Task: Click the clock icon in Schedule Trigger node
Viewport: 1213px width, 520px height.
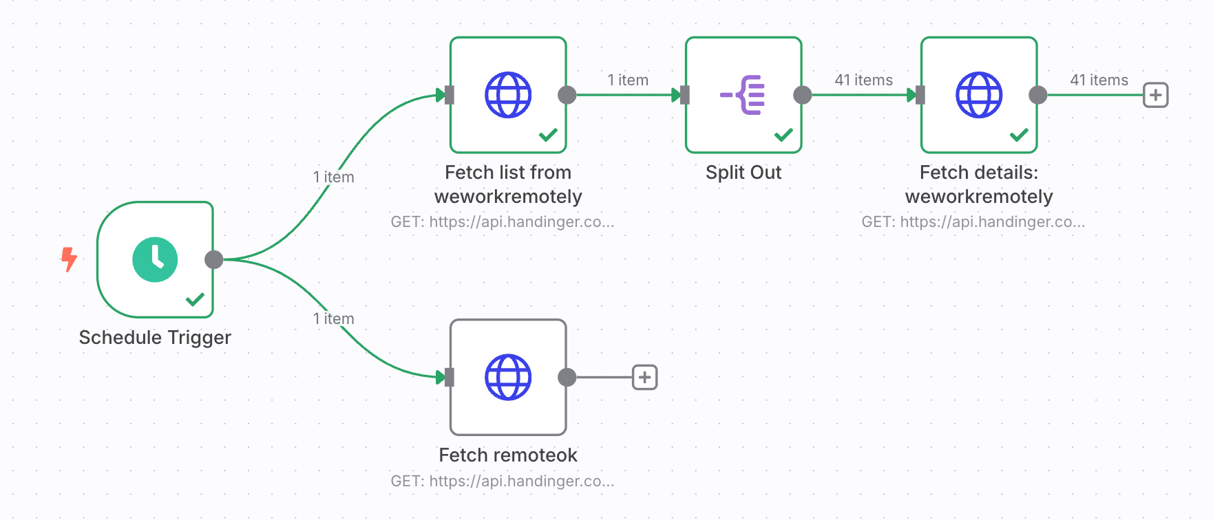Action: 155,259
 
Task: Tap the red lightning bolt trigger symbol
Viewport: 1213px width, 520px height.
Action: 69,259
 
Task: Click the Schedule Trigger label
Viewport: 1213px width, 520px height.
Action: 155,338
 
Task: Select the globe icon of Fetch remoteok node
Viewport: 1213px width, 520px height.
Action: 508,377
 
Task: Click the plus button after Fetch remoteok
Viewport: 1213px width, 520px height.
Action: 644,377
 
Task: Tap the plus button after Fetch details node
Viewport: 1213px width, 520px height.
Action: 1155,95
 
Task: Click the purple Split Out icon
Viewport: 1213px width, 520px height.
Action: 743,95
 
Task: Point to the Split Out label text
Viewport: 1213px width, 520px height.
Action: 743,173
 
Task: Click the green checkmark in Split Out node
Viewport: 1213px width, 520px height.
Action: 783,135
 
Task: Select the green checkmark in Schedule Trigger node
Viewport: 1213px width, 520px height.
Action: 195,299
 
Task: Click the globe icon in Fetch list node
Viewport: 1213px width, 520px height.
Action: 508,95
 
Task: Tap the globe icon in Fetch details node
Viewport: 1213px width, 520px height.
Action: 979,95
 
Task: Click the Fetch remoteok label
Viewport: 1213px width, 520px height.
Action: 508,455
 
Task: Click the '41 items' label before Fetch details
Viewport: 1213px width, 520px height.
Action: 863,80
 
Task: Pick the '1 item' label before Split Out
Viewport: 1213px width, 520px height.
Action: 627,80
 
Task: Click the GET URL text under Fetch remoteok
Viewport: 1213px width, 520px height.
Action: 503,481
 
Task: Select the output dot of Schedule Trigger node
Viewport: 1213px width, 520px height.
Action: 214,259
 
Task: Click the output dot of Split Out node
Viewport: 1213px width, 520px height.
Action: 802,95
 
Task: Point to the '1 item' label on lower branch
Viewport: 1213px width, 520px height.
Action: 333,319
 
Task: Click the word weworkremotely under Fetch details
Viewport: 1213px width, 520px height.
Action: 979,197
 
